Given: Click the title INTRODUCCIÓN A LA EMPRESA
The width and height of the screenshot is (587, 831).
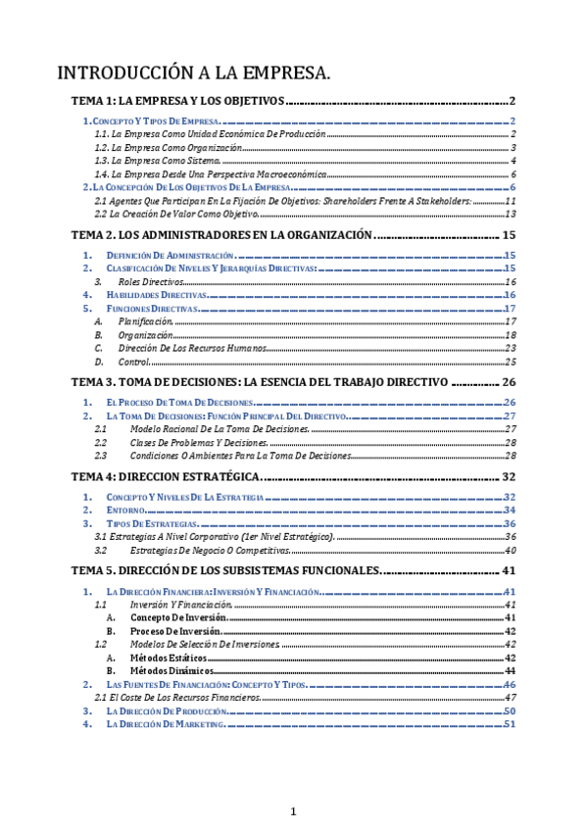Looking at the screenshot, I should point(194,73).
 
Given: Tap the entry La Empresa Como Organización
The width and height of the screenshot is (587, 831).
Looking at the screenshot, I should point(176,147).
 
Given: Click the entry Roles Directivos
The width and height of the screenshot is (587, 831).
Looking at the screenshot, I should point(156,281).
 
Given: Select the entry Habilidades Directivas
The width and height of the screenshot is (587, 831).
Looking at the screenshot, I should point(157,294).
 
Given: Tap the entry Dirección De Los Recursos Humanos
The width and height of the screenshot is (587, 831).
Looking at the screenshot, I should point(177,348).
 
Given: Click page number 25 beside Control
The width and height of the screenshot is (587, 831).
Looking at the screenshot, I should point(510,362).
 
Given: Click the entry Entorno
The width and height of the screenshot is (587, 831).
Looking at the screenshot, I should point(126,510).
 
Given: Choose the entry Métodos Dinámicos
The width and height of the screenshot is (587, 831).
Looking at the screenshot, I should point(174,670).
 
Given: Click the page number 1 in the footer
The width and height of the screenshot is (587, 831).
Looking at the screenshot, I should point(292,810).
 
